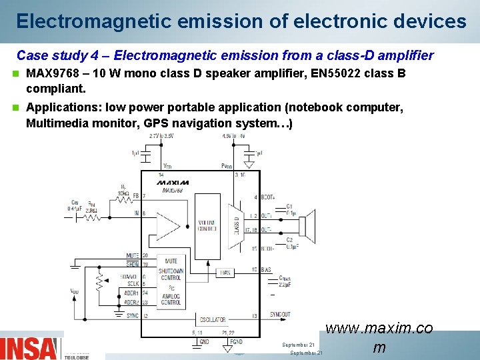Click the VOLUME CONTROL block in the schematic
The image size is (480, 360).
coord(207,226)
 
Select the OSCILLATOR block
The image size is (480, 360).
coord(213,320)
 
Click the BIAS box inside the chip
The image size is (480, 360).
coord(225,272)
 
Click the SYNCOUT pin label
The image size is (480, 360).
coord(280,315)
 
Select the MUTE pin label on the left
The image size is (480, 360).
coord(132,256)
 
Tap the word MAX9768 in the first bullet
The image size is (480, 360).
coord(51,73)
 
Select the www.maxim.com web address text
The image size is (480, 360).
coord(379,337)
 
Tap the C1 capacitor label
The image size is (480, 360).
coord(289,206)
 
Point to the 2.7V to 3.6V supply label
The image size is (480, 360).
coord(161,136)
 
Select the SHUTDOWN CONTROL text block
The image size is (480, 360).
coord(171,274)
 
